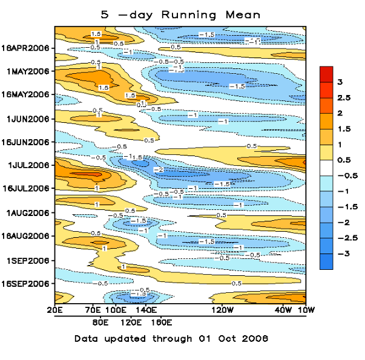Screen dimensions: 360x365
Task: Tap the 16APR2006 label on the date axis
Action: (x=28, y=48)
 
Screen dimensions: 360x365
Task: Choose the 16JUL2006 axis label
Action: (x=28, y=189)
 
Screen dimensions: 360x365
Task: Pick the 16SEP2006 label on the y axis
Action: (x=28, y=283)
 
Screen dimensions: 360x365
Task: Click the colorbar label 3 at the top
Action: (x=340, y=82)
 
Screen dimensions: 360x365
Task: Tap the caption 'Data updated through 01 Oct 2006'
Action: (x=171, y=338)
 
